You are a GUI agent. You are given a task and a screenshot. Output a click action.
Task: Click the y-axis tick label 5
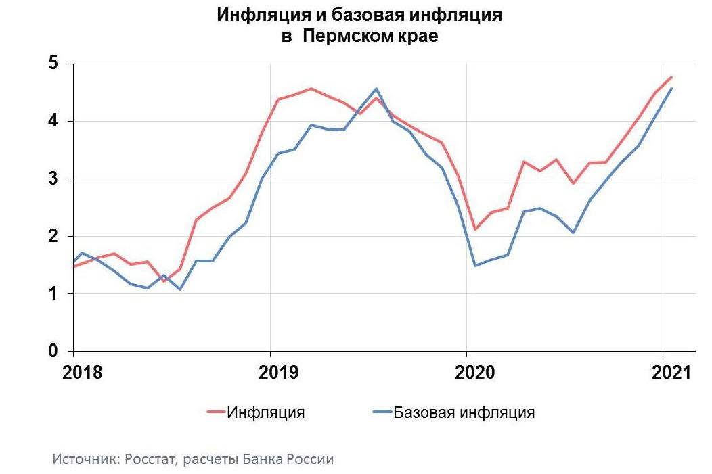click(53, 64)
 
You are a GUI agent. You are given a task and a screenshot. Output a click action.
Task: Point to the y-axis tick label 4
click(53, 121)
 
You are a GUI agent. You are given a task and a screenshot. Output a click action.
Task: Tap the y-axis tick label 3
click(53, 179)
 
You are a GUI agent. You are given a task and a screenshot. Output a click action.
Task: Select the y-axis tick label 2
click(53, 236)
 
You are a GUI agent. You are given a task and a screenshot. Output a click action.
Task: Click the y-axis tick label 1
click(53, 293)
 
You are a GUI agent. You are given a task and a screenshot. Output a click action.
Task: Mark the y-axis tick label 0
click(53, 351)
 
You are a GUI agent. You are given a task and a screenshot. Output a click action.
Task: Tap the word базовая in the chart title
click(362, 15)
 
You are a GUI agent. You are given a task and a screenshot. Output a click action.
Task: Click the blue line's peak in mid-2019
click(376, 89)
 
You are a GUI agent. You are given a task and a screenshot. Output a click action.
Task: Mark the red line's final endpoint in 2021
click(671, 77)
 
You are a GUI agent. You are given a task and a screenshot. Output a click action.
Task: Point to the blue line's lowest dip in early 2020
click(476, 266)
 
